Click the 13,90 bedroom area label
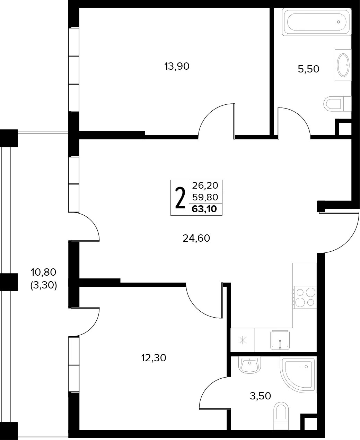tap(177, 67)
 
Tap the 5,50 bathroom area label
tap(308, 69)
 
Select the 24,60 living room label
tap(196, 238)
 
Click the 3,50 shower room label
tap(260, 396)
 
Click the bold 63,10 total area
tap(204, 209)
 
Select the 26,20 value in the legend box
tap(205, 186)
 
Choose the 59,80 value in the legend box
tap(205, 197)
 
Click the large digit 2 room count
tap(180, 198)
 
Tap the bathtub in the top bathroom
tap(316, 22)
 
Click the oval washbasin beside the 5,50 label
tap(343, 65)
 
